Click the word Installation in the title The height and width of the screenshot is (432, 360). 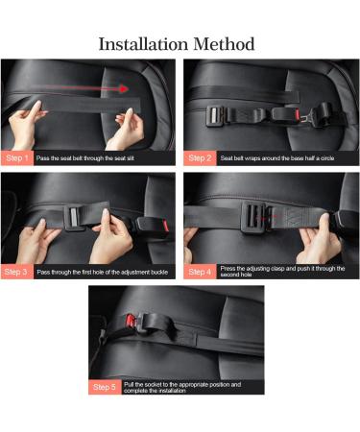[x=147, y=45]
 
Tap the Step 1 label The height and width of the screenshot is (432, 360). [x=17, y=157]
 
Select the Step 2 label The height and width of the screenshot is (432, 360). [x=201, y=157]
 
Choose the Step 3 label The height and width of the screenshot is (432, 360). [x=17, y=272]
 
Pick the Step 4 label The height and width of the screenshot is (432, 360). [x=201, y=272]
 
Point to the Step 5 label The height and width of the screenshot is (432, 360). [x=105, y=387]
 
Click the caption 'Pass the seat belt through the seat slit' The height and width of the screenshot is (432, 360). [x=91, y=157]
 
